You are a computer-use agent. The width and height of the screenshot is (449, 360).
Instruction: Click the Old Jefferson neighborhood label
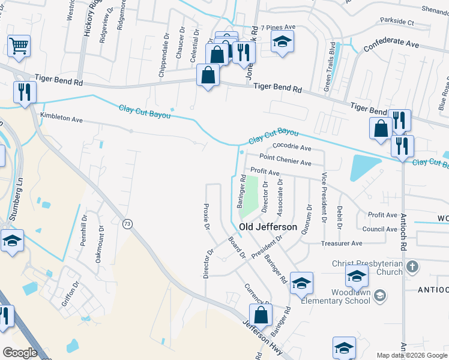[x=268, y=227]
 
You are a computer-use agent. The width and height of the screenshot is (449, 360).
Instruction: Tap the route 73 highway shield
[x=127, y=224]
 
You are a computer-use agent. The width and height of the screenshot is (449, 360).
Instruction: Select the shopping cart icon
[x=19, y=46]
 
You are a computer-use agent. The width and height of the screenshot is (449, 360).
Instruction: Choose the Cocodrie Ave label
[x=292, y=147]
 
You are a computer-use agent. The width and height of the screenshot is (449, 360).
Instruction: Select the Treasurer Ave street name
[x=342, y=244]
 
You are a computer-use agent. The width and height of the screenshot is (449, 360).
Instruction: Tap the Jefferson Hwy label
[x=262, y=339]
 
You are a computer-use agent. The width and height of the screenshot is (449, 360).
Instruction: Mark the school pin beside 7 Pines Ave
[x=282, y=42]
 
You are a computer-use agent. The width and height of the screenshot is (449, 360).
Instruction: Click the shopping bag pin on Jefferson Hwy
[x=261, y=314]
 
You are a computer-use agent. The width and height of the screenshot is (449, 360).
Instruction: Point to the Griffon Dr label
[x=70, y=295]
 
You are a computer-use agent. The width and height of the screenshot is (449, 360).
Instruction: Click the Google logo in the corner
[x=20, y=353]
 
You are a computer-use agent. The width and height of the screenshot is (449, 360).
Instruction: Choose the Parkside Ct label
[x=394, y=22]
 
